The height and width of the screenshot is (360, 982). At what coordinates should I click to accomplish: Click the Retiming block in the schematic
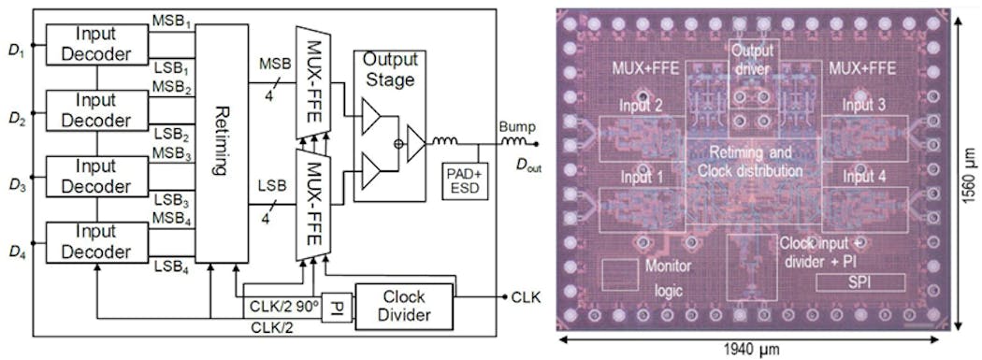222,141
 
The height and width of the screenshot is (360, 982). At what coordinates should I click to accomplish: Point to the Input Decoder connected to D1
97,43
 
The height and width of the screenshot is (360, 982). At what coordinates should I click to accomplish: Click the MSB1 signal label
172,20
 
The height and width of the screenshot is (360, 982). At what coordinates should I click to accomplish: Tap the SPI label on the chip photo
866,281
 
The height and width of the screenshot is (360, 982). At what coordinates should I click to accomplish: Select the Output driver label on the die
753,58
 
